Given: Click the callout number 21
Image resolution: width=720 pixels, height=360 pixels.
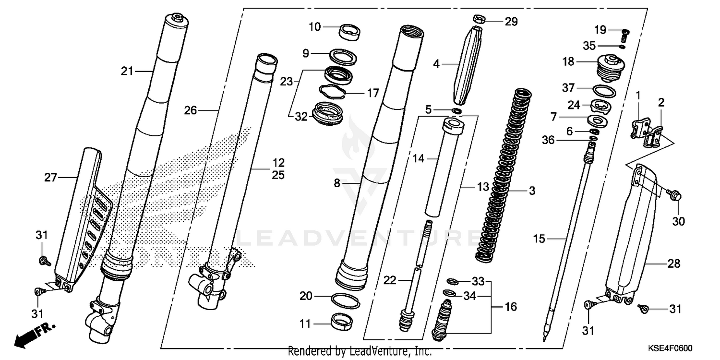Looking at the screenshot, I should point(127,72).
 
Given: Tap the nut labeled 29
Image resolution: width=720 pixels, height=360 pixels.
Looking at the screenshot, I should point(478,20).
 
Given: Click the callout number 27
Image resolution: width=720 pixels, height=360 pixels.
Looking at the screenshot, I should point(51,178).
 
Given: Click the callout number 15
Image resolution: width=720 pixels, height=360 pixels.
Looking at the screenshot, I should point(540,239).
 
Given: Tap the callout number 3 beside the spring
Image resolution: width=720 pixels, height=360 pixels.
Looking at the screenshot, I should point(532,191).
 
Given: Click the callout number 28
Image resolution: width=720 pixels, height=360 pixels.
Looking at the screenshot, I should point(674,264).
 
